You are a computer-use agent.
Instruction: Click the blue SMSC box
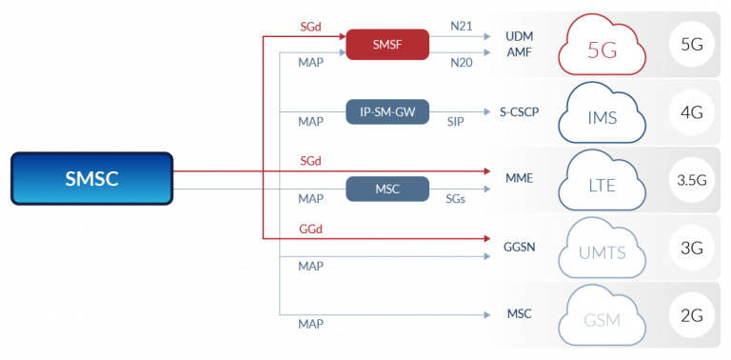92,179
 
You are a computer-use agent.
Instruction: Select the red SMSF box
387,44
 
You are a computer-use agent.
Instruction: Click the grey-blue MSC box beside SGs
387,189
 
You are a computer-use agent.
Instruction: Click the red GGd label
310,230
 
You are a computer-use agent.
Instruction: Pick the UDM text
520,36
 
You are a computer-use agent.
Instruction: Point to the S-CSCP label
520,111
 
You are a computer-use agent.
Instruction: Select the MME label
520,178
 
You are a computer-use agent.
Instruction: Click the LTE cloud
602,181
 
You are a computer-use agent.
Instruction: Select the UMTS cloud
602,249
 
